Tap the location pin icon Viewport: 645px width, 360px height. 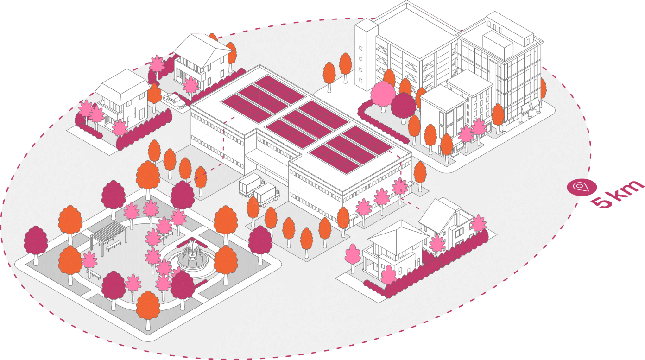point(579,187)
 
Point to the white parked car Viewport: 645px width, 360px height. point(175,101)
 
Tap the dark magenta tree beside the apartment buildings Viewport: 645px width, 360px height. point(403,106)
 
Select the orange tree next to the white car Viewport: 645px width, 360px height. point(155,95)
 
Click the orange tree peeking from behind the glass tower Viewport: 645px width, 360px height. point(543,88)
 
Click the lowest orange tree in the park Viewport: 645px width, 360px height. point(148,306)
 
